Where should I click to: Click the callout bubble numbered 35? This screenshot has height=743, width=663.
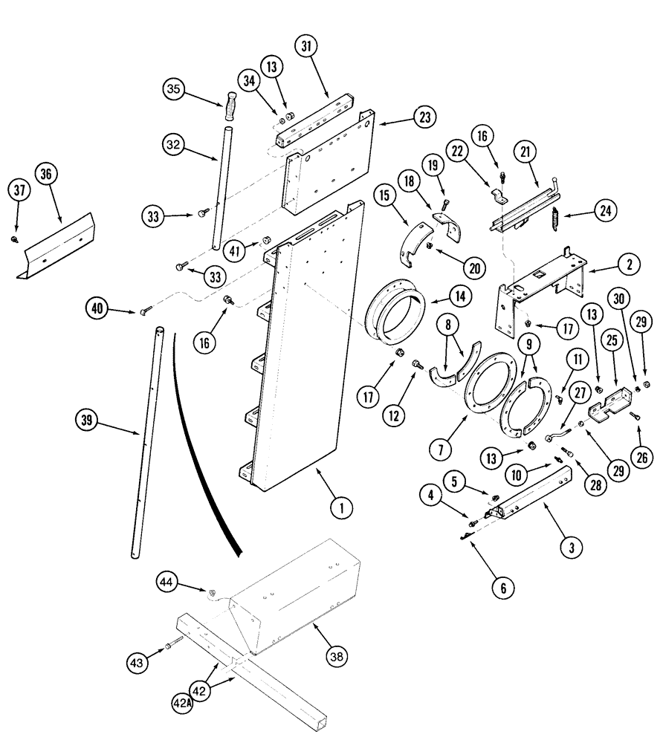pos(173,91)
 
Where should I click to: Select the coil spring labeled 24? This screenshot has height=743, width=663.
pos(552,218)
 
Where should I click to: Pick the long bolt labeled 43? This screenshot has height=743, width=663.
pos(175,646)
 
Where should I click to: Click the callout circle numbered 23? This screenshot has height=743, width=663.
pos(424,117)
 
